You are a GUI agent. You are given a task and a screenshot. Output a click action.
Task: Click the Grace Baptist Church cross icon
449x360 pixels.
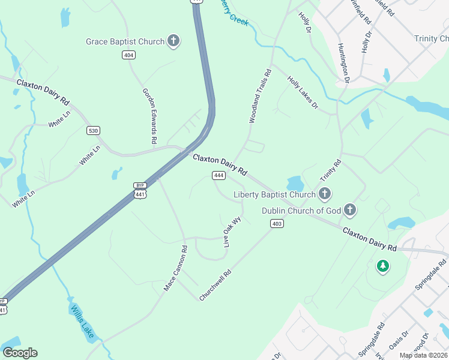173,41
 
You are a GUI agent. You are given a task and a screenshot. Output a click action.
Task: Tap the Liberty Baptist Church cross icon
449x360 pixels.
325,194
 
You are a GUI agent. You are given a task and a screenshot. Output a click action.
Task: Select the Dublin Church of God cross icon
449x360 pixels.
350,210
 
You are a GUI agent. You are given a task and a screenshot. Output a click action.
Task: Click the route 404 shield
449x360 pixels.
128,55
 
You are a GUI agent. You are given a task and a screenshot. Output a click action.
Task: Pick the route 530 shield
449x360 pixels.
93,130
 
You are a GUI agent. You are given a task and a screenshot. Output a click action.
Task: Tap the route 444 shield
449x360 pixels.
218,175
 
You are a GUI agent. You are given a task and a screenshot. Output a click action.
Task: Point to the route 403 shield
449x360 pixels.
277,223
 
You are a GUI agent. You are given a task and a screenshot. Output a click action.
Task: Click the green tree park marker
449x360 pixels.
382,265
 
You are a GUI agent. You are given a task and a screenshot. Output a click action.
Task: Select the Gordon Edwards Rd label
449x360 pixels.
149,116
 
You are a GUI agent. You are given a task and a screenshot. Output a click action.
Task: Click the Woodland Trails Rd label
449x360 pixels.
261,96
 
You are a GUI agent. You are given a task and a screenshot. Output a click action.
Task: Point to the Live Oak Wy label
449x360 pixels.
232,232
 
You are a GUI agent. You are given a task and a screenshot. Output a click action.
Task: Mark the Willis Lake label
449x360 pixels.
82,321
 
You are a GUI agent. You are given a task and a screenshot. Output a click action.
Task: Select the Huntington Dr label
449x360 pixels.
343,63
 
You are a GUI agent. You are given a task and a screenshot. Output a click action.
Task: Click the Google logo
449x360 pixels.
20,353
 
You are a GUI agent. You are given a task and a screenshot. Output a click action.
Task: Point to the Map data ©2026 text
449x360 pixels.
424,355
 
